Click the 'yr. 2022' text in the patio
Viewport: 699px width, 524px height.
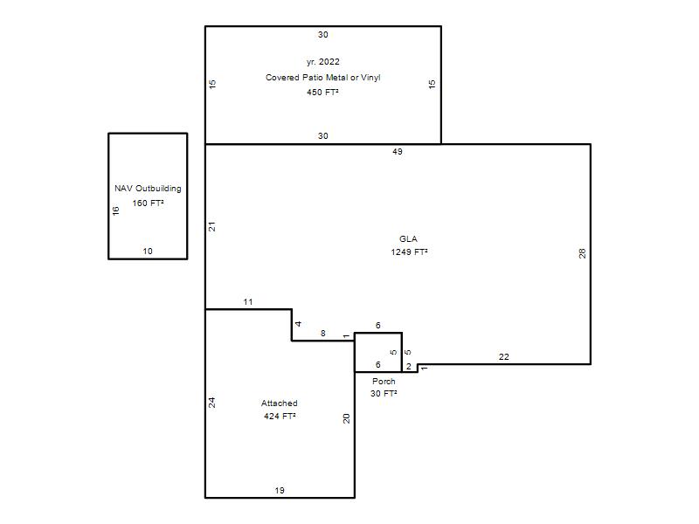click(x=322, y=62)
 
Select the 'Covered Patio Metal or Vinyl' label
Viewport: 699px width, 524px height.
click(x=322, y=78)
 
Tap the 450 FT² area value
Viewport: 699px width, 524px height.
click(x=322, y=93)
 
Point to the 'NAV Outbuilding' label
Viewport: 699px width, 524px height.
click(x=148, y=189)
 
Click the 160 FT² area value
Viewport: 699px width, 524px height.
click(x=148, y=203)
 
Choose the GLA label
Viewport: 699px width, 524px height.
click(x=408, y=238)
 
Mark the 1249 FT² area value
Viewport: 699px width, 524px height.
click(x=409, y=252)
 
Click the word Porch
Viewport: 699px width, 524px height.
click(x=384, y=382)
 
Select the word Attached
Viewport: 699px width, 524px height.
click(x=279, y=403)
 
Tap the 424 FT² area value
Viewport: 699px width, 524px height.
click(x=280, y=417)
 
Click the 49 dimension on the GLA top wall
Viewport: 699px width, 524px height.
click(x=398, y=151)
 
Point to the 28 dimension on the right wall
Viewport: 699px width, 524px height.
click(x=582, y=253)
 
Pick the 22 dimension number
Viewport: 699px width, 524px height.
click(x=504, y=357)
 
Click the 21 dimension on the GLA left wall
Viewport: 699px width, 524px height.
click(x=212, y=226)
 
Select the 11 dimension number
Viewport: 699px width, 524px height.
click(x=248, y=302)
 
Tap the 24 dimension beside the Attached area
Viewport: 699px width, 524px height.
click(x=212, y=403)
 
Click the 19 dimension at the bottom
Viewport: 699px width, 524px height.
click(x=280, y=491)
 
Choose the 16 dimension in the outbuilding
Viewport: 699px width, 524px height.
click(x=116, y=210)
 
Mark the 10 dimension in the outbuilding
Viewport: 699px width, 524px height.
click(x=148, y=252)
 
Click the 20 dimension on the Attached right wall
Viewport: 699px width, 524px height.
click(x=346, y=418)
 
